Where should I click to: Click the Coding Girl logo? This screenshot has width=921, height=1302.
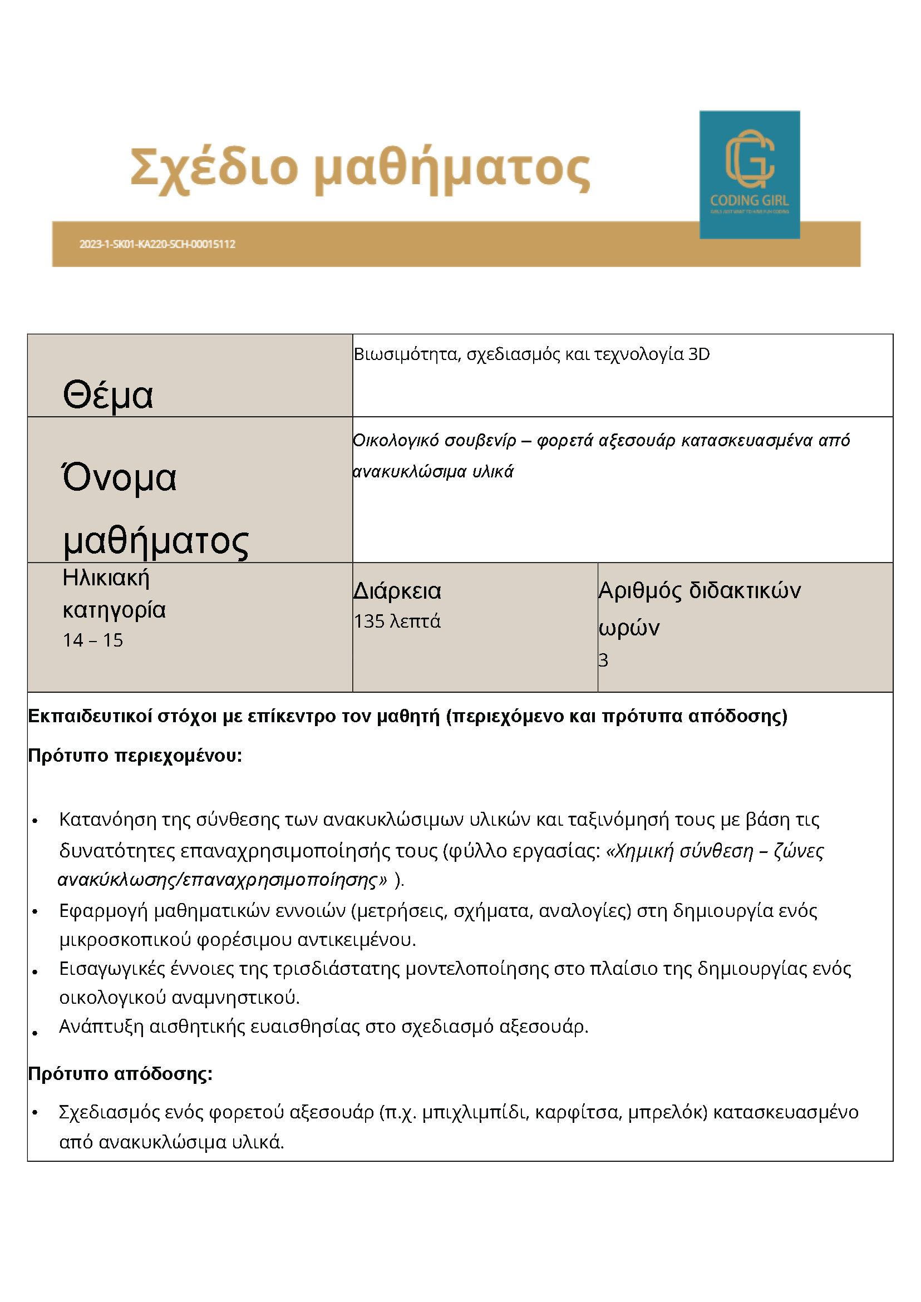click(749, 174)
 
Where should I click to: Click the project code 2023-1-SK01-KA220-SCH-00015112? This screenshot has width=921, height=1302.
click(157, 244)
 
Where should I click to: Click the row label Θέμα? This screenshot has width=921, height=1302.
click(108, 394)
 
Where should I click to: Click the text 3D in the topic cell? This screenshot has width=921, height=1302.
click(698, 354)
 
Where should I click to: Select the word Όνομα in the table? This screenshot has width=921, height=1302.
click(119, 477)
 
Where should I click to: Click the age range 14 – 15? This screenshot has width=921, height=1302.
click(93, 640)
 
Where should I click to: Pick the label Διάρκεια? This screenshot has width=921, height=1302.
click(397, 591)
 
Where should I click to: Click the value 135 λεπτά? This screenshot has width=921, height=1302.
click(397, 622)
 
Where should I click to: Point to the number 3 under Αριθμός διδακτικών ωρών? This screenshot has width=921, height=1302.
click(603, 660)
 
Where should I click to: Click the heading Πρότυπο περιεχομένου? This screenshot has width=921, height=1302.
click(135, 756)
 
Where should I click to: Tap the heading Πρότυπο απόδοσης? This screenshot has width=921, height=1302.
click(120, 1074)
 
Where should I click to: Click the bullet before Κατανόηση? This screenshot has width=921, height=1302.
click(35, 821)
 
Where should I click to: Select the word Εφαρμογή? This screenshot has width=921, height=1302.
click(104, 911)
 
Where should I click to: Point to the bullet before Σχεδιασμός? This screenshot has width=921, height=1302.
click(35, 1113)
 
